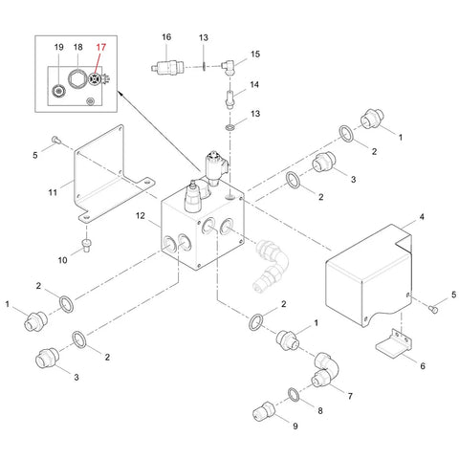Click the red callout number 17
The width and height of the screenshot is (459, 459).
click(x=100, y=48)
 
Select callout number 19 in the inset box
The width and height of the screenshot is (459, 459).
click(x=58, y=48)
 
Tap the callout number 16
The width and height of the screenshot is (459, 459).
click(x=166, y=37)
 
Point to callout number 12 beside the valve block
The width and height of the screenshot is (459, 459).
click(x=141, y=216)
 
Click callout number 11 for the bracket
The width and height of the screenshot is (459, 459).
click(x=53, y=192)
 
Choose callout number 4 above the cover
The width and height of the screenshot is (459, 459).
click(x=422, y=217)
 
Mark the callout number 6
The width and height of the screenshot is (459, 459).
click(x=423, y=365)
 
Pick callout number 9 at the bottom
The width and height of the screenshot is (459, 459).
click(x=295, y=426)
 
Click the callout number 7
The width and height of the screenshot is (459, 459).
click(x=350, y=396)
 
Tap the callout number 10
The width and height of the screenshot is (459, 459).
click(x=62, y=260)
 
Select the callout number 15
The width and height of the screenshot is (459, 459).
click(x=255, y=55)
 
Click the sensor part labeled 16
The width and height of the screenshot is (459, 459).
click(x=167, y=67)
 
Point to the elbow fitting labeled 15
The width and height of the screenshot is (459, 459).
click(x=229, y=67)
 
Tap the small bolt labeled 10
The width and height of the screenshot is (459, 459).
click(x=86, y=246)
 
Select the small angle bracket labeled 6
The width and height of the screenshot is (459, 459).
click(x=394, y=345)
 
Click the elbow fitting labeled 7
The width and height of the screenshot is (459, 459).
click(x=325, y=370)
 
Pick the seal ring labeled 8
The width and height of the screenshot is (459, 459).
click(x=294, y=395)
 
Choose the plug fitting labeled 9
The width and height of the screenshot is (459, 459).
click(x=264, y=411)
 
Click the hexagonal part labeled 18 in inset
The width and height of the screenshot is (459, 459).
click(x=77, y=78)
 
